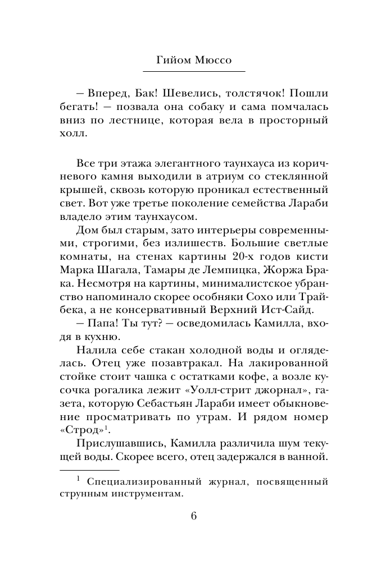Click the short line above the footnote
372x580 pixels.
click(89, 471)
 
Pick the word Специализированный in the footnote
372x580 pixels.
click(131, 482)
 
